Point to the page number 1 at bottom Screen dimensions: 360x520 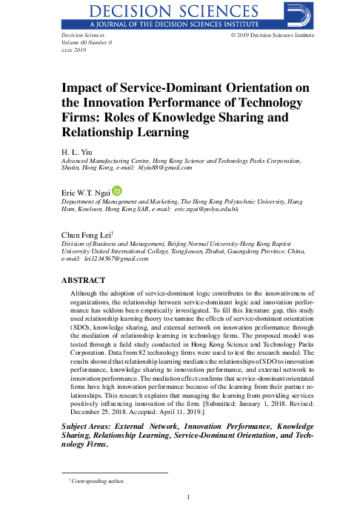coord(190,497)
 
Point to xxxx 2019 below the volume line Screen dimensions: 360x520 coord(65,50)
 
